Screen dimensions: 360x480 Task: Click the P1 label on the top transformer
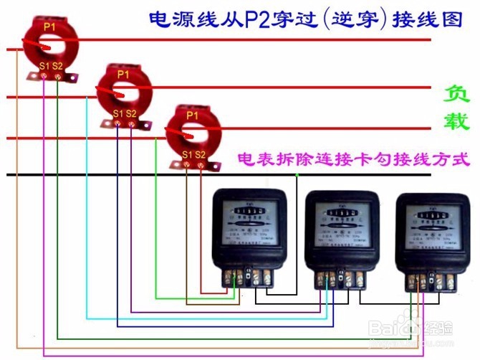pyautogui.click(x=49, y=26)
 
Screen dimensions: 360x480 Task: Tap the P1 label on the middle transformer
pyautogui.click(x=123, y=74)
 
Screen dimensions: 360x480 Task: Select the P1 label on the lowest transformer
pyautogui.click(x=192, y=115)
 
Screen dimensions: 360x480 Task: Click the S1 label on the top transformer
pyautogui.click(x=44, y=66)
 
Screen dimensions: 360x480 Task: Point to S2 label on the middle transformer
pyautogui.click(x=133, y=114)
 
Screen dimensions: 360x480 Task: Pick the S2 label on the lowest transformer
pyautogui.click(x=201, y=154)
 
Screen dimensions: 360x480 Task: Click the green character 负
pyautogui.click(x=455, y=94)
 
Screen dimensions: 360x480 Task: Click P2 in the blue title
pyautogui.click(x=253, y=19)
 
